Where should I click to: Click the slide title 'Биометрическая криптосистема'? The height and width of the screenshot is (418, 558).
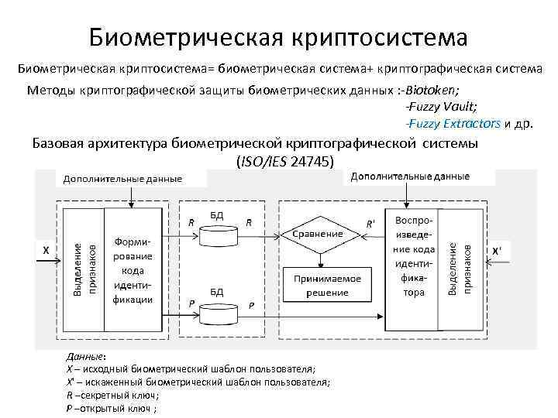278,36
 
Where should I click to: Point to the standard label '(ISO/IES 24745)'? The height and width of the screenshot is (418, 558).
284,162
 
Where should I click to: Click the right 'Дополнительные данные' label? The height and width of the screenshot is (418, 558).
410,176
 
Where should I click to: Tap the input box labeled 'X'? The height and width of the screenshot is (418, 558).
46,251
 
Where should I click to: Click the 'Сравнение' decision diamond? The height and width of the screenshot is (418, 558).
318,233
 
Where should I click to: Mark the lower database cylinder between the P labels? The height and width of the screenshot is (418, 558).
218,312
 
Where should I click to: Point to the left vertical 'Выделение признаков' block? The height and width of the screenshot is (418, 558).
84,267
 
